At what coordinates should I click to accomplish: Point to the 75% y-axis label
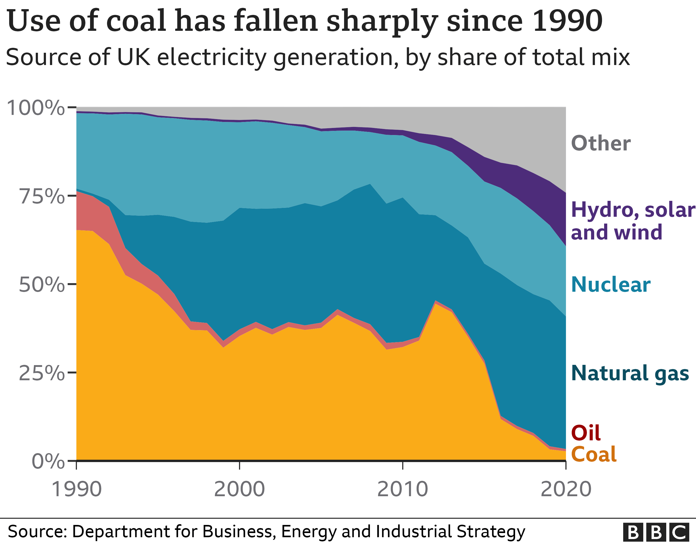(42, 196)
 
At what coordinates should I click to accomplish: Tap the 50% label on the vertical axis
(42, 284)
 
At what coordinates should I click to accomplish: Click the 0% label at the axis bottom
(49, 461)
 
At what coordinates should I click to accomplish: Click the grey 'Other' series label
(601, 143)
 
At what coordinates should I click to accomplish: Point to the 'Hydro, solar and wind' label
(633, 221)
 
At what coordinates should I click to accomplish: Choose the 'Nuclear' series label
(611, 284)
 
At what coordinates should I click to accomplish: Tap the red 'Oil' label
(586, 433)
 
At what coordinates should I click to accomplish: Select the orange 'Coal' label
(594, 454)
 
